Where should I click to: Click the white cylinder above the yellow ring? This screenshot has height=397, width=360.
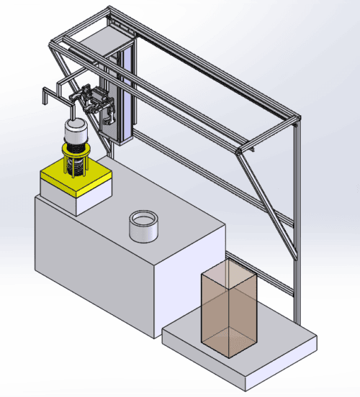click(77, 132)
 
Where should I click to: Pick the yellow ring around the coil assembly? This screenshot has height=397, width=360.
click(76, 150)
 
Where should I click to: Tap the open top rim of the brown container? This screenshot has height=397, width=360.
click(229, 274)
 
